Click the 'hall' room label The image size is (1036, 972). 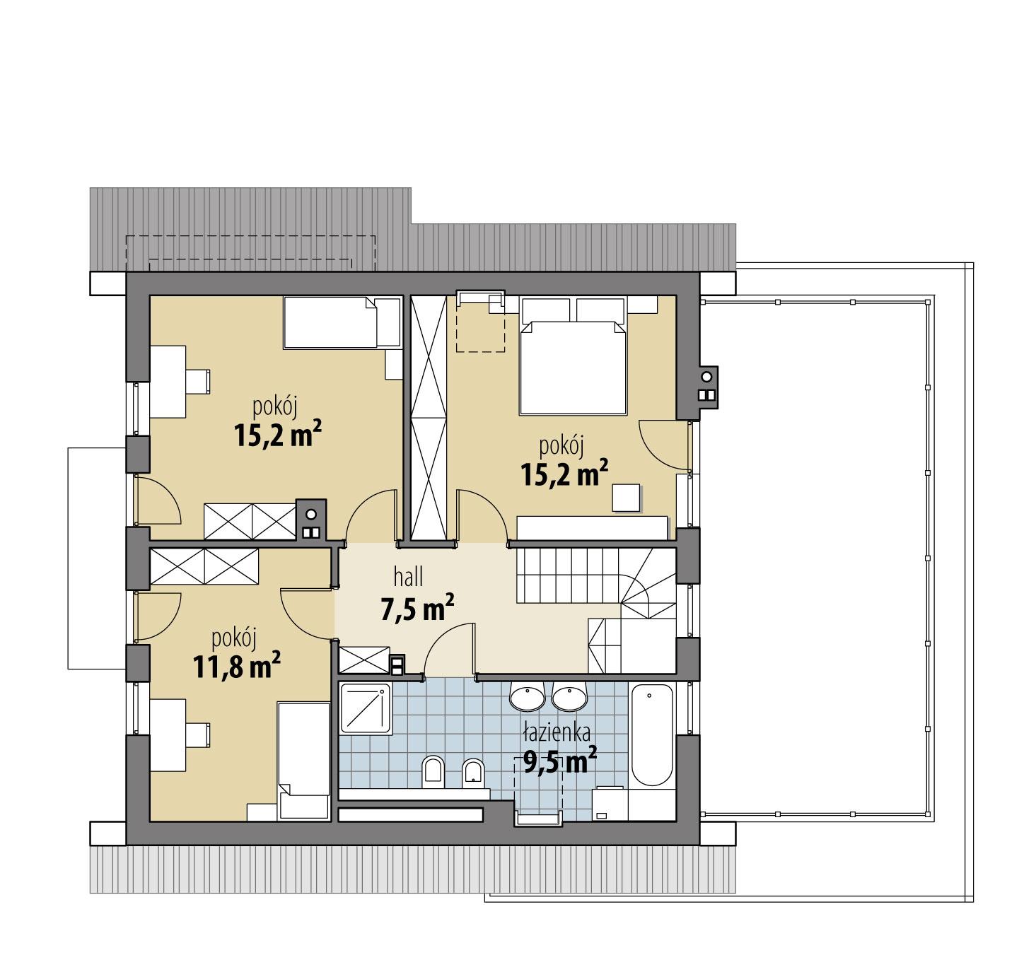409,578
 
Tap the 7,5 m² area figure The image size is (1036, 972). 417,609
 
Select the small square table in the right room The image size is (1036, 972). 627,497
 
